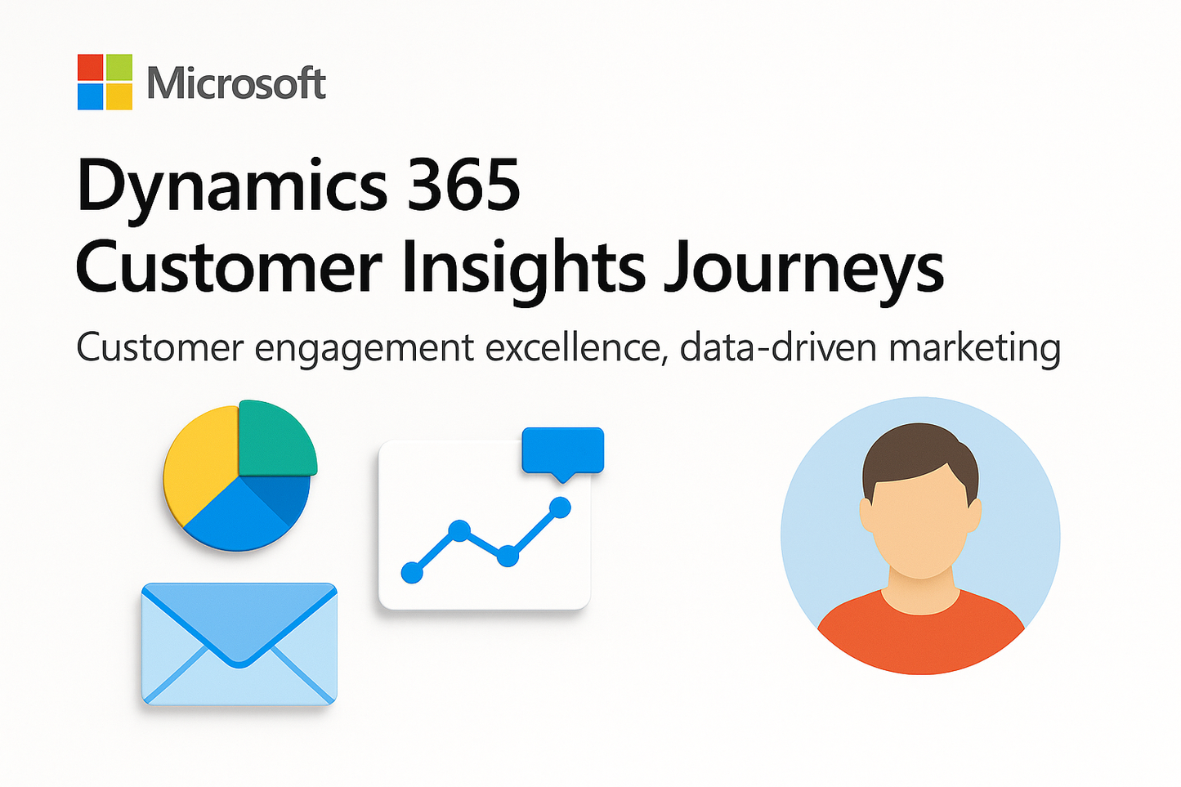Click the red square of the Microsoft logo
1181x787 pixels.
click(x=91, y=67)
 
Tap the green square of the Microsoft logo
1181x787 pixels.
click(x=119, y=67)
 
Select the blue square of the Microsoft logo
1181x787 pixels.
click(x=91, y=96)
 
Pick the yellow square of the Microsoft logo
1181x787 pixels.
click(x=119, y=96)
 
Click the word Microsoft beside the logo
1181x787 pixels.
click(x=236, y=83)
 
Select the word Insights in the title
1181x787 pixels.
click(x=523, y=268)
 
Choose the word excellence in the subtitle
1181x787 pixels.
click(x=572, y=348)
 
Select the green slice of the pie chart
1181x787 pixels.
click(x=276, y=437)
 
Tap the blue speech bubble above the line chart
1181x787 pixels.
click(x=562, y=449)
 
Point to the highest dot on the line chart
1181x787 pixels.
click(x=560, y=508)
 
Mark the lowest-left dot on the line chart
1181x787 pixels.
click(x=413, y=572)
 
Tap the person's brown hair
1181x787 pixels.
click(x=919, y=454)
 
